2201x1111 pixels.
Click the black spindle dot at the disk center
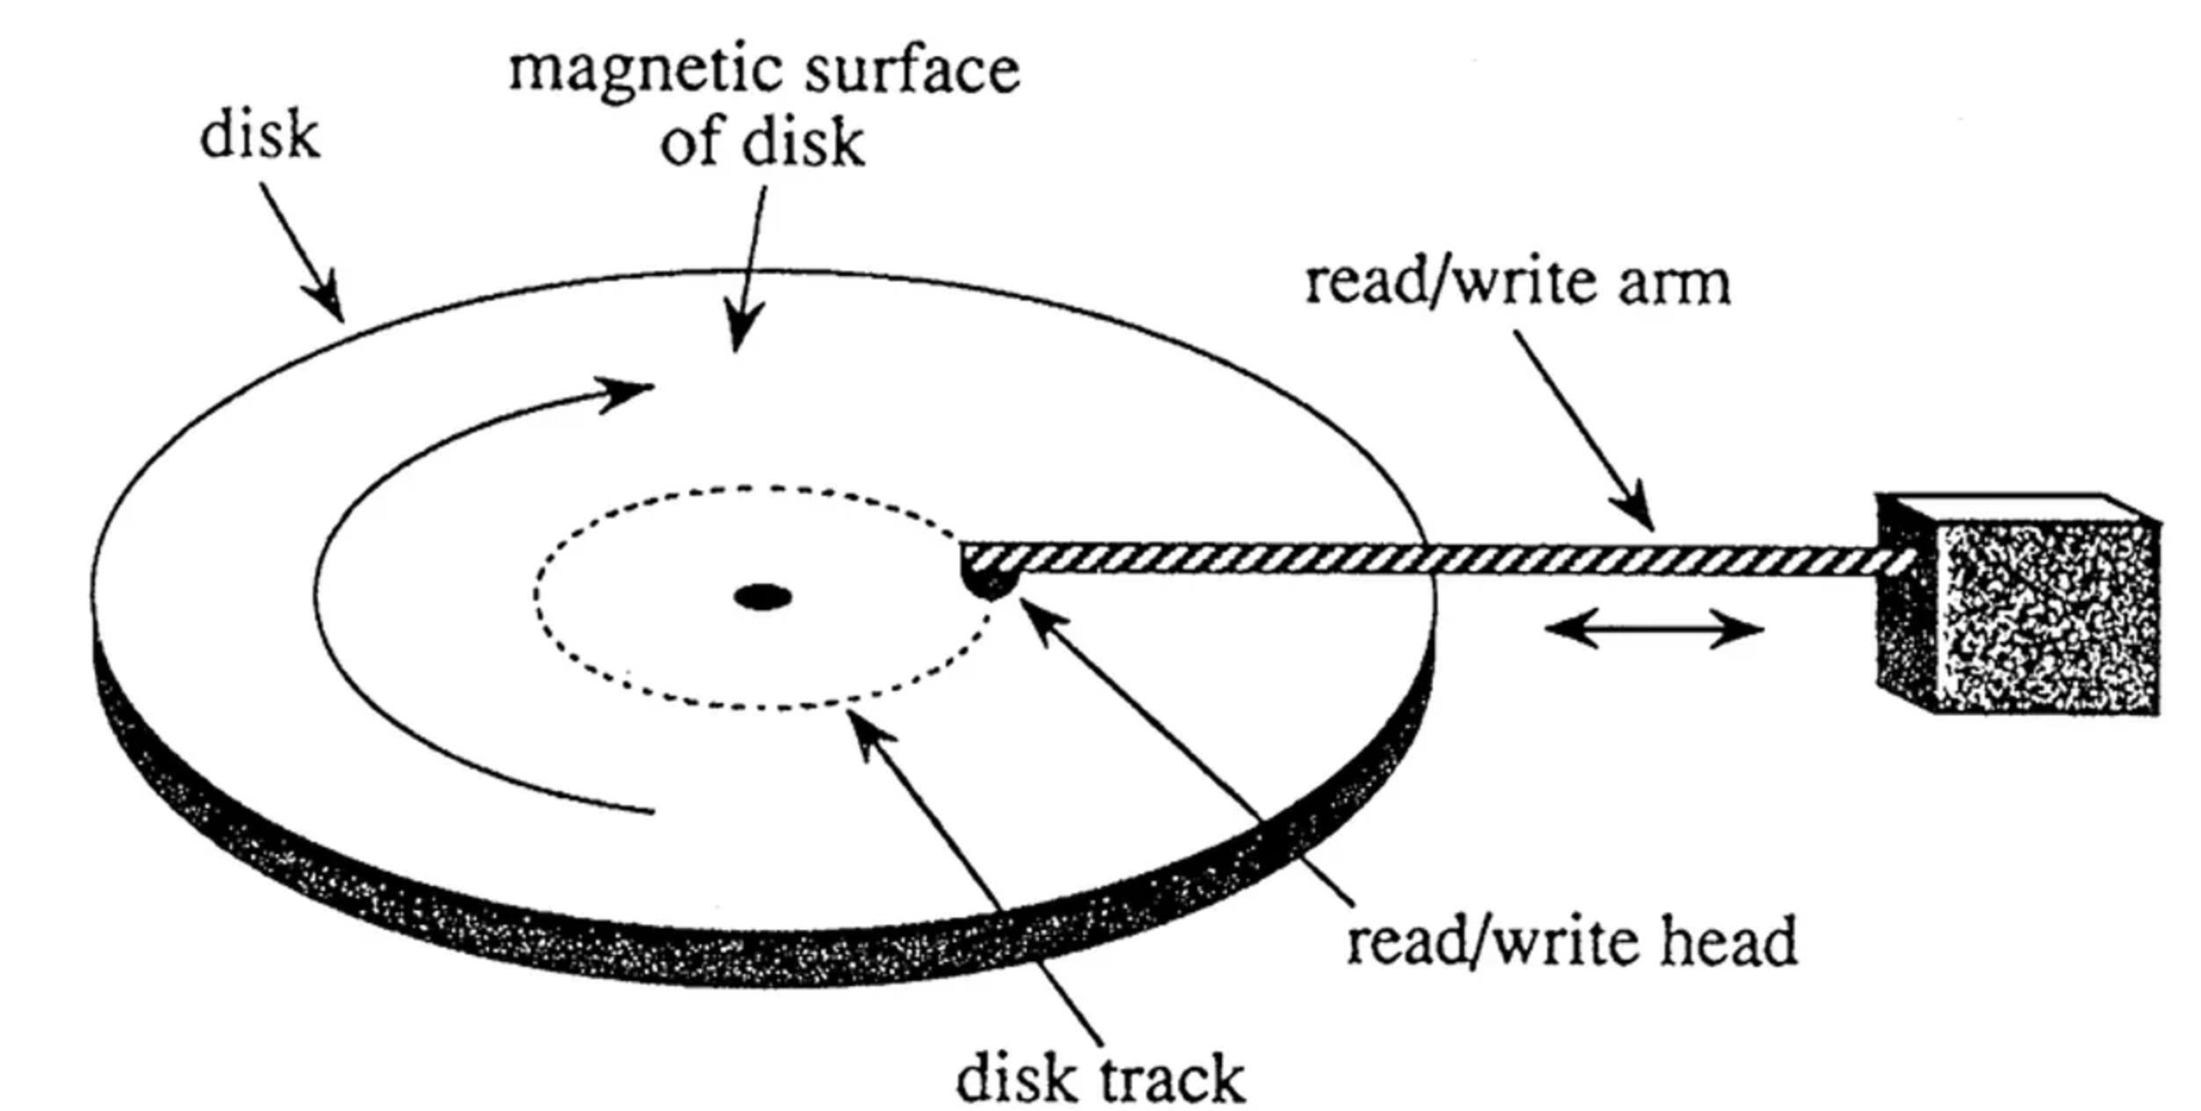[763, 598]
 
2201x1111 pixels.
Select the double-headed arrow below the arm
[1653, 629]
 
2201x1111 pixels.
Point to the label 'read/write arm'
[1517, 283]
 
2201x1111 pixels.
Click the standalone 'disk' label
[259, 136]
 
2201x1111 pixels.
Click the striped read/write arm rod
[1450, 559]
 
